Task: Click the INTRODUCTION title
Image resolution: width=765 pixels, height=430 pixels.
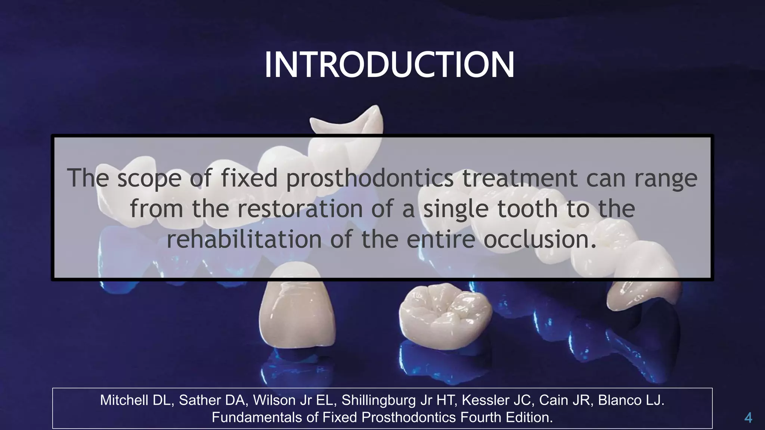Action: click(x=389, y=65)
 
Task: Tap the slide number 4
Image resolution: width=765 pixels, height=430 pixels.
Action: click(x=748, y=417)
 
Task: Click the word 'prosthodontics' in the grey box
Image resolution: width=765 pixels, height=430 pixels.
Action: click(x=370, y=178)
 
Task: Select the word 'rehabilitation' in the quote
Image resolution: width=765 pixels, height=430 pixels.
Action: click(x=244, y=239)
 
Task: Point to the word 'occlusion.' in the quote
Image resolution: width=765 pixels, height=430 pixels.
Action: click(x=540, y=239)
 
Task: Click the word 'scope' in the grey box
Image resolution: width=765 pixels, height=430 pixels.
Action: click(x=149, y=178)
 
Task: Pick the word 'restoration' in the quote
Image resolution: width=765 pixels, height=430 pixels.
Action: click(x=300, y=209)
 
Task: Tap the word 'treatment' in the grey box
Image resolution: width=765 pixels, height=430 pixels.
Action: click(x=520, y=178)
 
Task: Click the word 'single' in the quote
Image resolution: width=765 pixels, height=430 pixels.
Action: click(x=455, y=209)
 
